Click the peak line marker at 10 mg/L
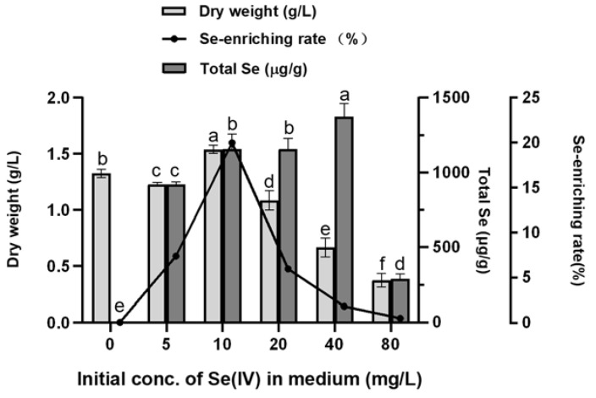coord(231,143)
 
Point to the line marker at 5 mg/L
coord(175,256)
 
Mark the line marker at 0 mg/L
coord(119,323)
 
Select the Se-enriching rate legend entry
coord(254,39)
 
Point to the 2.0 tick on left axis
coord(59,97)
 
